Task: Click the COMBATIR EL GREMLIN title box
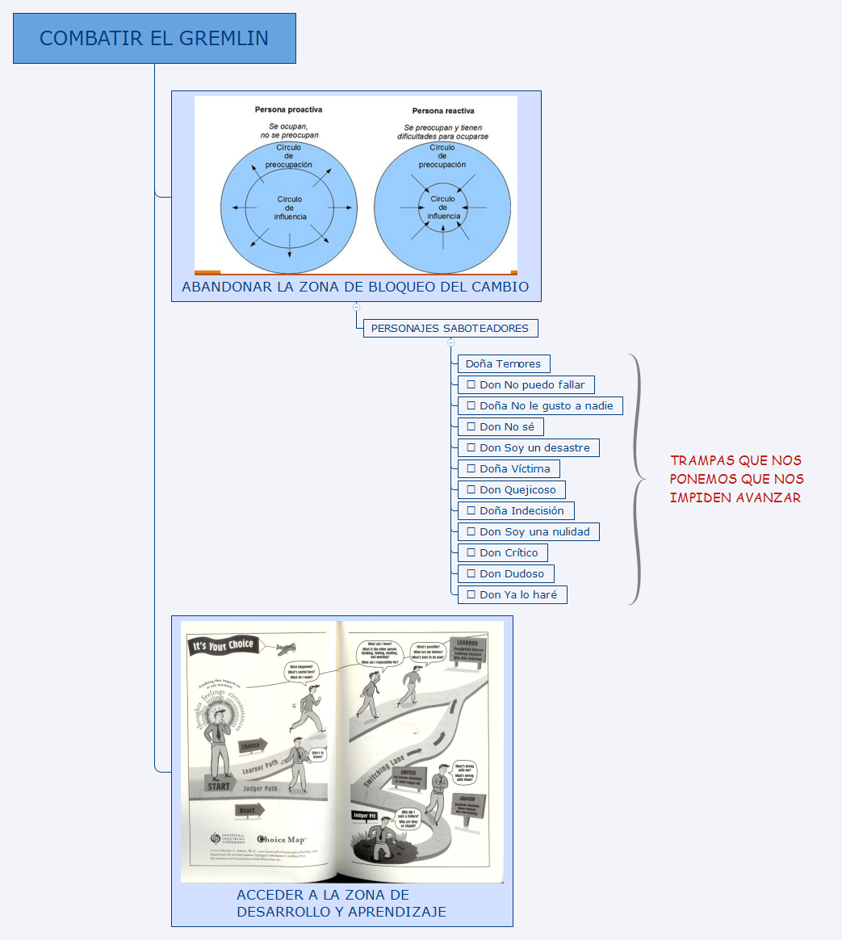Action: pos(154,38)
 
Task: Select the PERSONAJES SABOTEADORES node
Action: pos(450,329)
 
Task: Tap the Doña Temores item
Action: pos(503,364)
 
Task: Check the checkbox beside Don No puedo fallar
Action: pos(471,385)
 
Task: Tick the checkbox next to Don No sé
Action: pos(471,427)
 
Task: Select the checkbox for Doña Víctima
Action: pos(471,469)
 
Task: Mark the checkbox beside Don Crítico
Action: pos(471,553)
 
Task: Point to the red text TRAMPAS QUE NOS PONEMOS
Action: pos(736,479)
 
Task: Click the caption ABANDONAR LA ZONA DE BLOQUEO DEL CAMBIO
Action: pos(355,287)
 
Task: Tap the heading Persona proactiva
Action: pos(288,110)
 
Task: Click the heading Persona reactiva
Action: pos(443,111)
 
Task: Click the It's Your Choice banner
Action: pos(223,646)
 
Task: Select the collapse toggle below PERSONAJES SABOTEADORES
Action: pos(450,343)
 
